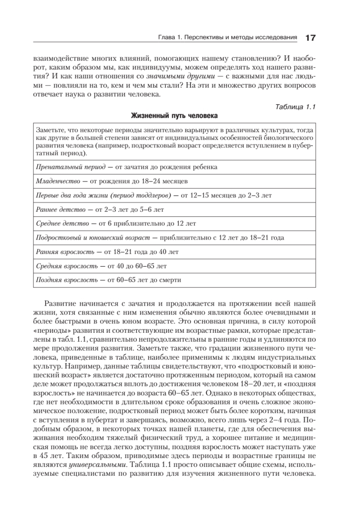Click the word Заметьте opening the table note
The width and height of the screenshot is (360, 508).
(x=50, y=129)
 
